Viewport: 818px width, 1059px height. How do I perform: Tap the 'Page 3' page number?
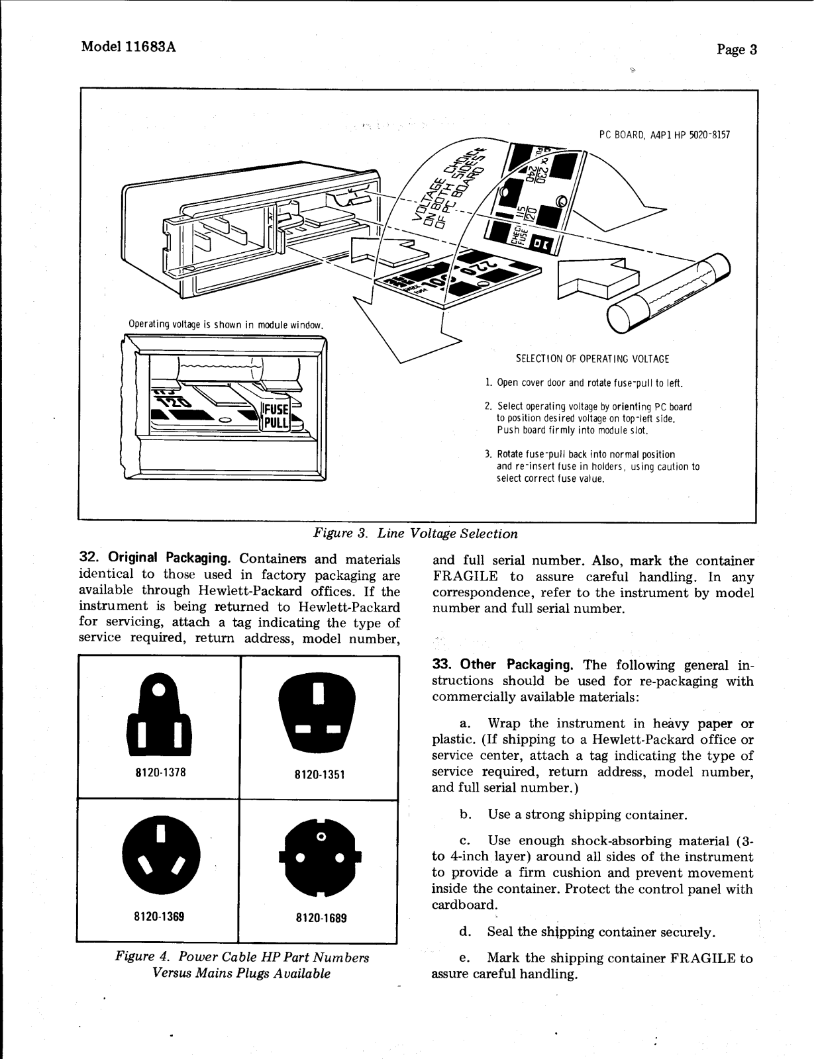pos(737,50)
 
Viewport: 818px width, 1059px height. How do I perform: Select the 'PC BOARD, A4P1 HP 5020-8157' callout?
pos(664,135)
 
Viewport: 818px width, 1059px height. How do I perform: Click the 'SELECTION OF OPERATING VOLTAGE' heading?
pos(592,359)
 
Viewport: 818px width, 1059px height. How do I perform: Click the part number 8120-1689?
pos(321,918)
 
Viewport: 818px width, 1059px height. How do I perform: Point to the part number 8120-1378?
pos(159,771)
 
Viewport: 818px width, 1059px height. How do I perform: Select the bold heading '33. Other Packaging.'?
pos(503,665)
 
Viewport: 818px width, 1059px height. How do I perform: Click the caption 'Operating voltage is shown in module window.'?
pos(225,325)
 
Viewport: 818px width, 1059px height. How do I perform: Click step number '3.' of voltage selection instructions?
pos(488,455)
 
